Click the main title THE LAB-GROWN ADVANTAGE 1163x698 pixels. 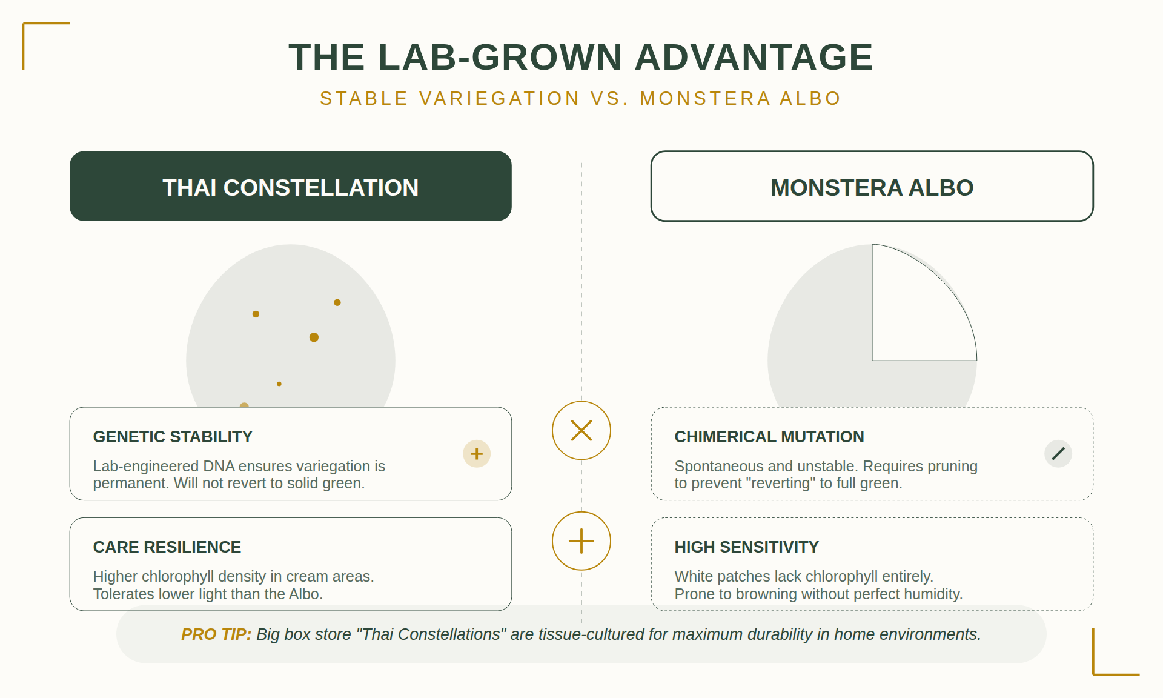[x=580, y=58]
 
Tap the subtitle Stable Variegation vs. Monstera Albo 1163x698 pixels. [x=580, y=98]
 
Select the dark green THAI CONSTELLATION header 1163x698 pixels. [x=291, y=187]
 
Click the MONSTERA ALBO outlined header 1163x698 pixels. [x=872, y=187]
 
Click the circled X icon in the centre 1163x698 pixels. [x=581, y=431]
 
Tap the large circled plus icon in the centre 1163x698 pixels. [x=581, y=541]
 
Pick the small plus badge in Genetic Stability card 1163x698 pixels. [x=477, y=453]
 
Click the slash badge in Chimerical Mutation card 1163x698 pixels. [x=1058, y=453]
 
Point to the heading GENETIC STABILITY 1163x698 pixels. [x=173, y=437]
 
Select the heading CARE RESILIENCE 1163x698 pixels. [x=167, y=547]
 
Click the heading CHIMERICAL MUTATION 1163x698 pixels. [x=769, y=437]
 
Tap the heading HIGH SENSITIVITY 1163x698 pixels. [x=746, y=547]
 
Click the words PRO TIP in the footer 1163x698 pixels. [x=216, y=634]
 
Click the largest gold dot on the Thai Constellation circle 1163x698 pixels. [x=314, y=337]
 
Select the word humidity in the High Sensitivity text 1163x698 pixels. [x=934, y=594]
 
